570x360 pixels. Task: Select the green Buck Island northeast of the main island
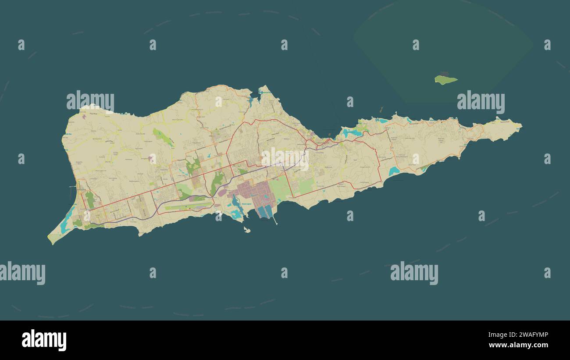pos(445,79)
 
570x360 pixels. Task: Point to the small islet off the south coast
pos(247,229)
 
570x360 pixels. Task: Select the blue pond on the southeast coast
pos(393,171)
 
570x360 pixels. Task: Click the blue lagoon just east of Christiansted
pos(351,132)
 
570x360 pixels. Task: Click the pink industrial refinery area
pos(254,193)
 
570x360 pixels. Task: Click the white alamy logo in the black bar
pos(44,340)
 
